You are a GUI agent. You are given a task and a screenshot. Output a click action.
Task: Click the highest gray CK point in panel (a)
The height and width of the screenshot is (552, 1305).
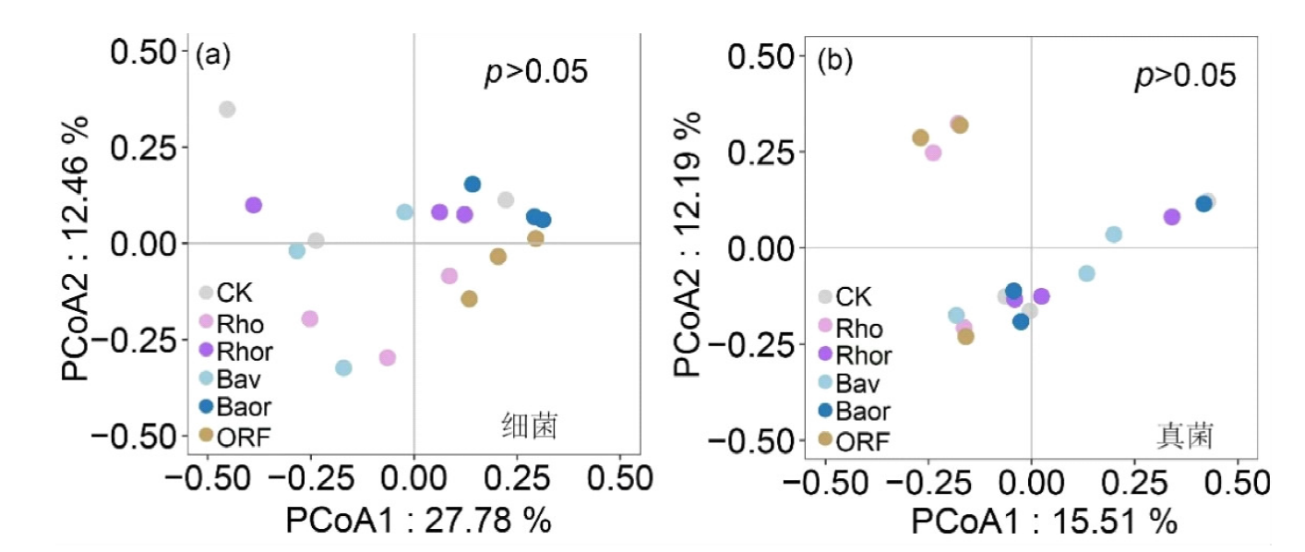(227, 109)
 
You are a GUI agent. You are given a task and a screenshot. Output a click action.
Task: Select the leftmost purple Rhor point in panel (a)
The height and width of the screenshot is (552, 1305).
(253, 205)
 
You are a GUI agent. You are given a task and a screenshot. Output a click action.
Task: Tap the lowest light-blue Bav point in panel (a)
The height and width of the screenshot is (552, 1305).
(343, 367)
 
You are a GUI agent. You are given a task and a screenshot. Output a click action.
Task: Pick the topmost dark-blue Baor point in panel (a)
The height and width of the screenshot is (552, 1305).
(473, 185)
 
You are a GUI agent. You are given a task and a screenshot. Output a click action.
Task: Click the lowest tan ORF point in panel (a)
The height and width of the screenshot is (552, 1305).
(469, 299)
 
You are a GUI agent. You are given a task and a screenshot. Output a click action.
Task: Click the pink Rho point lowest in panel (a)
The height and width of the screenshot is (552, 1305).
(388, 357)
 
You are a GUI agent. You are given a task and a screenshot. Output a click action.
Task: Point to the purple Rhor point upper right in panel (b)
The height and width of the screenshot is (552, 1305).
(1172, 217)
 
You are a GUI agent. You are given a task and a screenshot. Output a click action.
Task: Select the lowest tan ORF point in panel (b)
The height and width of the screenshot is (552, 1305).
(965, 337)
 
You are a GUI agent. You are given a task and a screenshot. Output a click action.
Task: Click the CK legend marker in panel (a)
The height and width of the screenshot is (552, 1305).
(207, 294)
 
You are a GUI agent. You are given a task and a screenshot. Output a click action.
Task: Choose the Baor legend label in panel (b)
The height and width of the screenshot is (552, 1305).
(864, 411)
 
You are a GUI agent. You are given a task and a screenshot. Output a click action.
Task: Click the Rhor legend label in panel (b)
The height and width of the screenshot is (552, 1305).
(864, 354)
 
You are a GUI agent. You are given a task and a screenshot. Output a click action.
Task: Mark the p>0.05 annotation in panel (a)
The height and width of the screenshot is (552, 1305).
(536, 72)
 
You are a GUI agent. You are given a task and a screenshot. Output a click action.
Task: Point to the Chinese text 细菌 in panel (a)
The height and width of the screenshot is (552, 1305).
(531, 426)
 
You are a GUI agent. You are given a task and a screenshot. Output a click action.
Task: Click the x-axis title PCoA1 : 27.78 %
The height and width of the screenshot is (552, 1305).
(418, 521)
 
